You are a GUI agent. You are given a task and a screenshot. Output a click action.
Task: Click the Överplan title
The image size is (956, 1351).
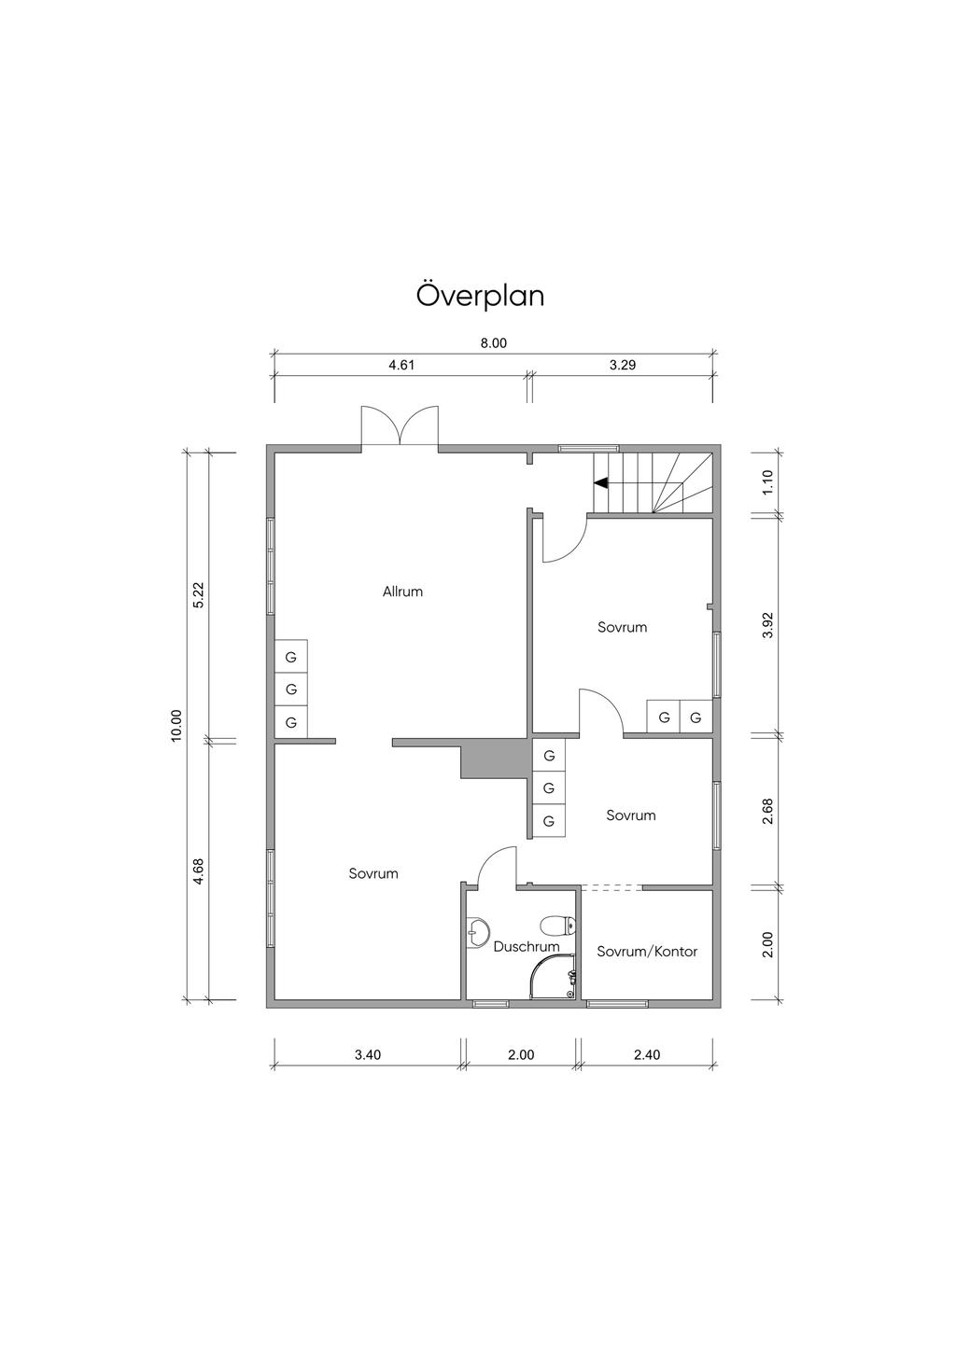pyautogui.click(x=481, y=295)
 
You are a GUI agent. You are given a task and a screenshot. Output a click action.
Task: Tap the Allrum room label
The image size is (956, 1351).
pyautogui.click(x=402, y=592)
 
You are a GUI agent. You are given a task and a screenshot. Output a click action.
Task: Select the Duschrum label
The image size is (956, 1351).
pyautogui.click(x=527, y=946)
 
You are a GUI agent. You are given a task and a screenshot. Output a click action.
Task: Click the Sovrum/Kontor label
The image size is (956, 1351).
pyautogui.click(x=647, y=952)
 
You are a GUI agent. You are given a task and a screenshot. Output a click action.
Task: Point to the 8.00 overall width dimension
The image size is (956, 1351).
pyautogui.click(x=493, y=343)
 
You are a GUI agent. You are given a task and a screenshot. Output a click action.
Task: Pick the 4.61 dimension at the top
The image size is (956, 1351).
pyautogui.click(x=401, y=366)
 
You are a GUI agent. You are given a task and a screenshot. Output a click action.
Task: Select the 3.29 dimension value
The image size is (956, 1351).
pyautogui.click(x=623, y=366)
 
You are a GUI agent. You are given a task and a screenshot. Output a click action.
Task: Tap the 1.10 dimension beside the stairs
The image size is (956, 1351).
pyautogui.click(x=767, y=483)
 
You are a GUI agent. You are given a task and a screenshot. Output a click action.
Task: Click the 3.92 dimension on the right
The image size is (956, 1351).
pyautogui.click(x=767, y=626)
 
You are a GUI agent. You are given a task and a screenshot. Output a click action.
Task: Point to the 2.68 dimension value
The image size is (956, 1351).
pyautogui.click(x=767, y=812)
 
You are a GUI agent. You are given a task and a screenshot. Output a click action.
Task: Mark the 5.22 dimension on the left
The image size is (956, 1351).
pyautogui.click(x=199, y=595)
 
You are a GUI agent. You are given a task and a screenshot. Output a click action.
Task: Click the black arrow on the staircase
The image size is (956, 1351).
pyautogui.click(x=600, y=482)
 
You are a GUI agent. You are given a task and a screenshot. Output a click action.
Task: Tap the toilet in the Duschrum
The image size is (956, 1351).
pyautogui.click(x=557, y=924)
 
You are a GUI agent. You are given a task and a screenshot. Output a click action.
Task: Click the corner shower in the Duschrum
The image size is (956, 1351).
pyautogui.click(x=553, y=977)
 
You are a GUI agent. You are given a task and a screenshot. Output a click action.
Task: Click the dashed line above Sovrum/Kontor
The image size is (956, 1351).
pyautogui.click(x=611, y=887)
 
